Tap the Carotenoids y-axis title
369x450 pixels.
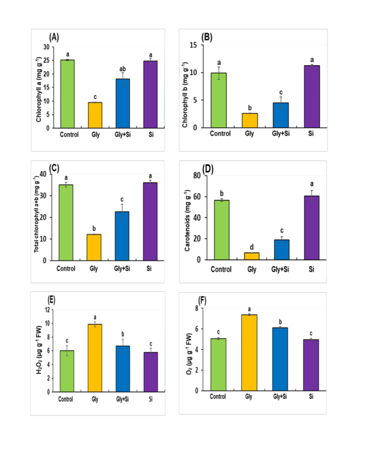[185, 218]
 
